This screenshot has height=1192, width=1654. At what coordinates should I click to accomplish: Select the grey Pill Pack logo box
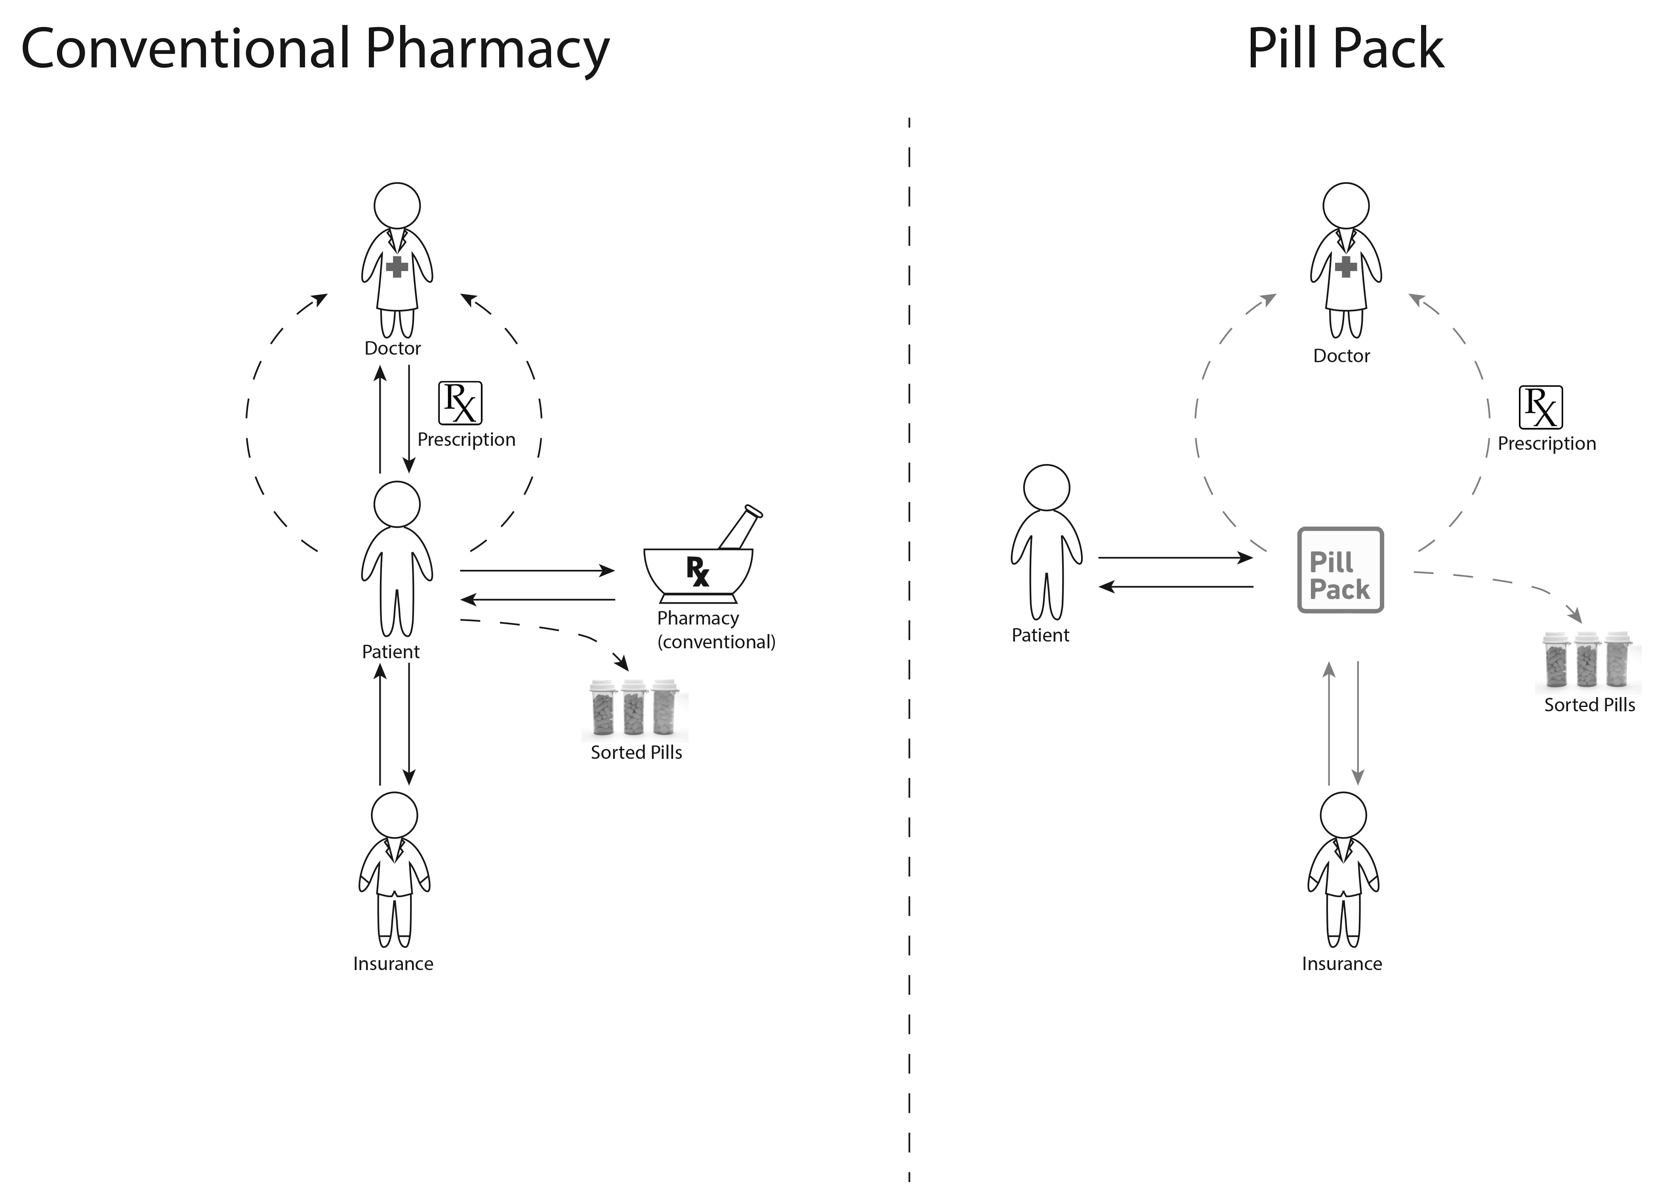click(x=1340, y=570)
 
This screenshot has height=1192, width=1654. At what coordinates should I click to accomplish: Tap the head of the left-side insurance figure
click(x=395, y=815)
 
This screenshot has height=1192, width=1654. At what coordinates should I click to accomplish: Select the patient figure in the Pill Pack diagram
click(x=1047, y=543)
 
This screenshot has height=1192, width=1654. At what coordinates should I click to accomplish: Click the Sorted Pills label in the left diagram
click(x=636, y=752)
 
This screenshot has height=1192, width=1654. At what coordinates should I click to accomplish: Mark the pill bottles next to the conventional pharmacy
click(x=635, y=708)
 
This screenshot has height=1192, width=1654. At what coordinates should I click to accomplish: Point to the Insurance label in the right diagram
click(x=1342, y=964)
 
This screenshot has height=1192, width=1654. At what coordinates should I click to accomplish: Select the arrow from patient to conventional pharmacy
click(x=538, y=571)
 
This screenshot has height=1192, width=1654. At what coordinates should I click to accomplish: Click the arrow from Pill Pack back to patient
click(x=1175, y=586)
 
